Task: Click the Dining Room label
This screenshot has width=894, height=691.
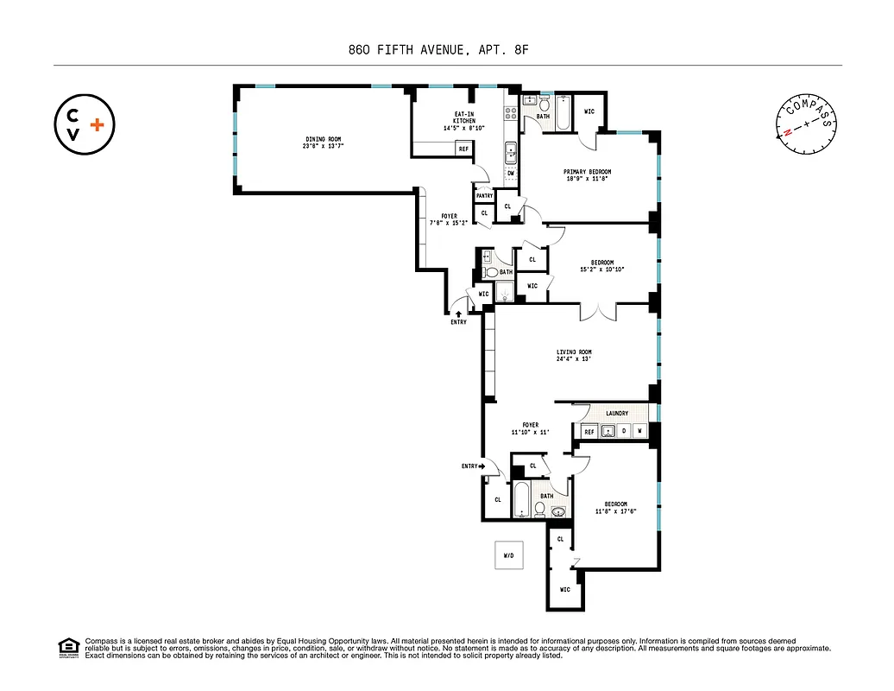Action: coord(323,143)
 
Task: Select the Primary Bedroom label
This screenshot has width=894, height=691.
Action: coord(587,175)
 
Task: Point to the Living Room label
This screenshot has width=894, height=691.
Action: coord(574,356)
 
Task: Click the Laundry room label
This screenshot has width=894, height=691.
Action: coord(616,414)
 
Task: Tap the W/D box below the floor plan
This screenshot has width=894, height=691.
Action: coord(508,555)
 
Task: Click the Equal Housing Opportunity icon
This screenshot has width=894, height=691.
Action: coord(67,647)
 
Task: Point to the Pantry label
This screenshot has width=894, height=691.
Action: coord(483,196)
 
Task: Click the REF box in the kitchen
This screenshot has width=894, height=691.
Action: coord(464,149)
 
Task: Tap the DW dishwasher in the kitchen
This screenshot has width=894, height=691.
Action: coord(511,174)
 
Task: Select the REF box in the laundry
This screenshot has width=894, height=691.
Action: coord(589,431)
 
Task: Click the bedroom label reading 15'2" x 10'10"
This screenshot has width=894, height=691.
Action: coord(601,266)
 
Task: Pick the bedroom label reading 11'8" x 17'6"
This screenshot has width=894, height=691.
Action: coord(615,508)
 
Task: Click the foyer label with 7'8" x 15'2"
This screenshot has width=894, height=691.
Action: coord(450,220)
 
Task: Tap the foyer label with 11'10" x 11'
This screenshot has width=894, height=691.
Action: coord(530,428)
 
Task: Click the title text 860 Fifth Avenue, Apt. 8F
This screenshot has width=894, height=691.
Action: coord(446,50)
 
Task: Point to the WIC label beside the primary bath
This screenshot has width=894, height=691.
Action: coord(589,111)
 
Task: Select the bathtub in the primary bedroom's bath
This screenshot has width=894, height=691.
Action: coord(562,114)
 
